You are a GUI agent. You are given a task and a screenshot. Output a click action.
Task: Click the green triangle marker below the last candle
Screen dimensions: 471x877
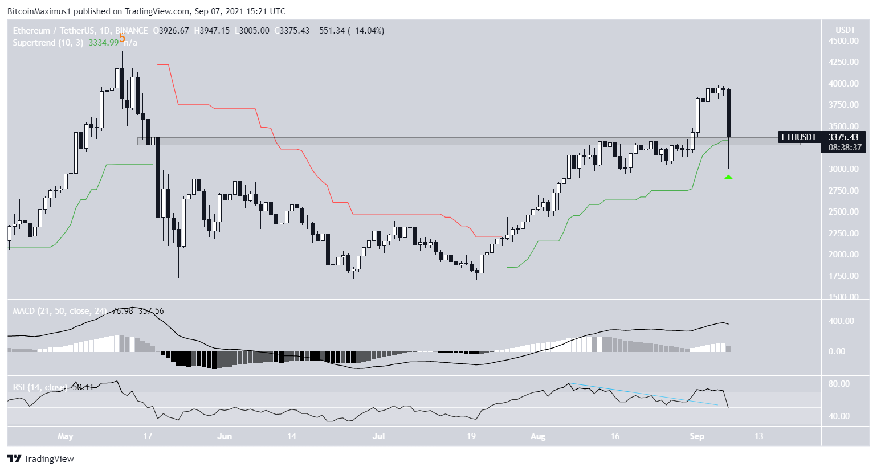(728, 178)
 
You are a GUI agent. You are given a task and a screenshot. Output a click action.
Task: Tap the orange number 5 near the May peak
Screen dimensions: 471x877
(122, 39)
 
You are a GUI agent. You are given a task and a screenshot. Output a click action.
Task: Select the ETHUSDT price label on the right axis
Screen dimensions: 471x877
(798, 137)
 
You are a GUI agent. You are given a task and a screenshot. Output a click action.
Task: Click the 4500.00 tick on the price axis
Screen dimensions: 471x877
(844, 41)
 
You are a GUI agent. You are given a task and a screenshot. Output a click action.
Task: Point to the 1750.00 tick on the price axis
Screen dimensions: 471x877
(844, 276)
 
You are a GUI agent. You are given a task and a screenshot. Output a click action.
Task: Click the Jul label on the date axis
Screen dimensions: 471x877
(378, 437)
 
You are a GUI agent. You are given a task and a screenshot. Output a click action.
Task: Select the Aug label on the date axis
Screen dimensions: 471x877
(538, 437)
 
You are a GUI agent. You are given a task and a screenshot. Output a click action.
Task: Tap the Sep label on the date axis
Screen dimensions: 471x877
(697, 437)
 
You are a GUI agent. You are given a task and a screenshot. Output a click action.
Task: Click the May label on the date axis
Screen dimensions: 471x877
(66, 437)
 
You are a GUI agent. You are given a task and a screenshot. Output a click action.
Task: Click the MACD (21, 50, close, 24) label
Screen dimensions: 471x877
(60, 311)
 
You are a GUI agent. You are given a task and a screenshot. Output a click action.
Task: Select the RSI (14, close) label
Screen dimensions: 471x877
(39, 387)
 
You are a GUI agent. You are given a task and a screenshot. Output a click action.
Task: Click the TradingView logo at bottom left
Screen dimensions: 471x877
(41, 459)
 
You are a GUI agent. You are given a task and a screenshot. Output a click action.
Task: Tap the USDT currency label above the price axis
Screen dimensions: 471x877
(845, 30)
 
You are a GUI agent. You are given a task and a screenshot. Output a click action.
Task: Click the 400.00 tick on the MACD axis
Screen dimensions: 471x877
(841, 321)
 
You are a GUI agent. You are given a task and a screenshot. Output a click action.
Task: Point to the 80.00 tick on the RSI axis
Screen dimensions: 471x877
(839, 384)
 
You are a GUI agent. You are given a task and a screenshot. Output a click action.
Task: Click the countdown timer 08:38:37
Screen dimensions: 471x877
(841, 148)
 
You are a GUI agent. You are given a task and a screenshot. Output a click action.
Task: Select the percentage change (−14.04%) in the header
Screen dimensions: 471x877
(366, 31)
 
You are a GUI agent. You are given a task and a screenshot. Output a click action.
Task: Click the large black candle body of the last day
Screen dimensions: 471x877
(729, 114)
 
